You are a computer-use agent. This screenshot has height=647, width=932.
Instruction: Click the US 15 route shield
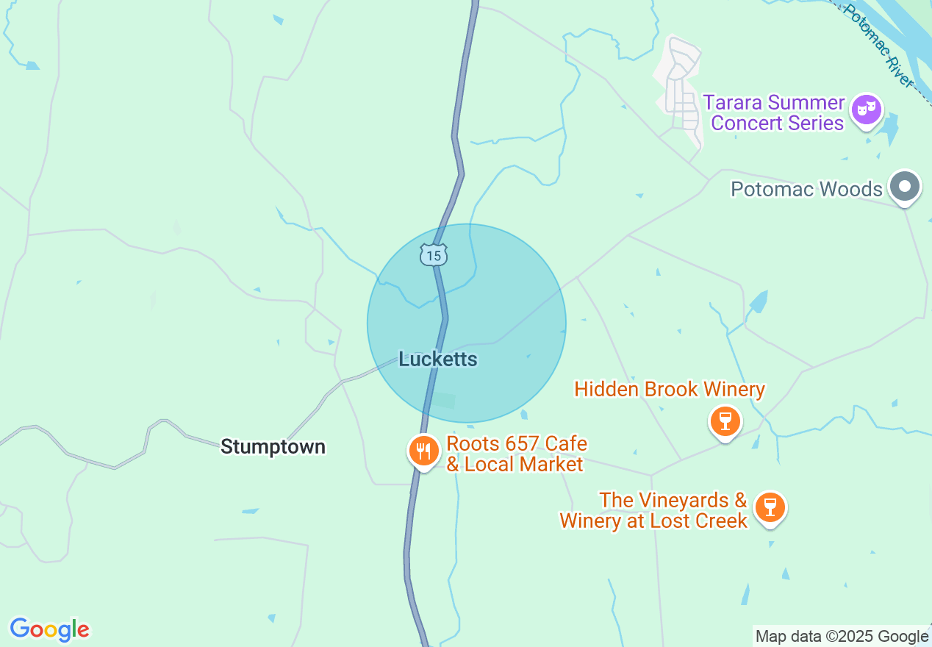point(434,255)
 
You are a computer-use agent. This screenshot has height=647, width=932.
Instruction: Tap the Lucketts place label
point(438,360)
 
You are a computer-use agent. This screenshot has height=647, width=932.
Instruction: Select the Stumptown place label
point(273,447)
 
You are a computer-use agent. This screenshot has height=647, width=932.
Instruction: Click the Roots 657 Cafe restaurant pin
point(423,450)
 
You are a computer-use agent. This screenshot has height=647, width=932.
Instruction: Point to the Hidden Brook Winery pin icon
point(725,421)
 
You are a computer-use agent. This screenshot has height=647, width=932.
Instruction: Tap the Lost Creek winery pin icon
point(770,507)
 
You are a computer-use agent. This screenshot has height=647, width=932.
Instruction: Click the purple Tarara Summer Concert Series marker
point(867,111)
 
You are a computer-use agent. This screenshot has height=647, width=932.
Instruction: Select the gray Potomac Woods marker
point(905,186)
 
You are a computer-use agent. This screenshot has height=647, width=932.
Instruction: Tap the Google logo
point(49,630)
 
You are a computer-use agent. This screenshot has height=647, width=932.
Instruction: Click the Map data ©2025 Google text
point(842,637)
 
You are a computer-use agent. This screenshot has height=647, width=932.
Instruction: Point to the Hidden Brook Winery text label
point(670,389)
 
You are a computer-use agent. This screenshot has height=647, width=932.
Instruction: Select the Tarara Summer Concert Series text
point(777,112)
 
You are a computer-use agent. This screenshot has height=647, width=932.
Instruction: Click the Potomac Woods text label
point(806,190)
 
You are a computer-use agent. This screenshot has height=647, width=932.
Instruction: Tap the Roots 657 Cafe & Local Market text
point(516,454)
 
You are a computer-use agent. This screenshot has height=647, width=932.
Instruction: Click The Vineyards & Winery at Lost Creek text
point(653,511)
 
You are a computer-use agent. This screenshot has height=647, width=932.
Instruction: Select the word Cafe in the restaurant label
point(564,444)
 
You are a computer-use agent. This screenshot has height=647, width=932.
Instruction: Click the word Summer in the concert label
point(806,102)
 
